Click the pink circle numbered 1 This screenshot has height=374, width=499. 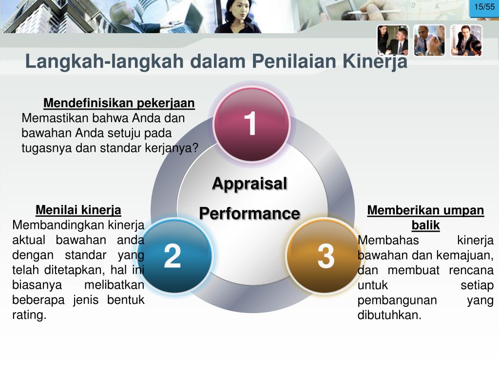click(x=251, y=124)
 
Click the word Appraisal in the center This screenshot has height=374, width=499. click(x=250, y=184)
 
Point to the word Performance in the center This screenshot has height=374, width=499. click(x=250, y=213)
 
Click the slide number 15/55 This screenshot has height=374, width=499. click(x=484, y=7)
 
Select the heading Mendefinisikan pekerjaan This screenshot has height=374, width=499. click(x=119, y=103)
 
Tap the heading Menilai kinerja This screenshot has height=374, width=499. click(x=78, y=210)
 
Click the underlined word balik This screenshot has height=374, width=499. click(x=425, y=225)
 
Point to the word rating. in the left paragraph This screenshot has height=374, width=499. click(x=29, y=315)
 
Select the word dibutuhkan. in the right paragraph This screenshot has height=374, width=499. click(x=389, y=315)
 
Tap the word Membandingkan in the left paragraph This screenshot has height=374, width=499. click(x=58, y=225)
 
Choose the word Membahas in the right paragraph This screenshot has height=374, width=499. click(x=388, y=241)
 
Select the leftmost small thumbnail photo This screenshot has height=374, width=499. click(x=393, y=40)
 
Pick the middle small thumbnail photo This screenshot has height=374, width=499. click(x=430, y=40)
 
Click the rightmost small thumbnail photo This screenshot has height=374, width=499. click(x=466, y=40)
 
